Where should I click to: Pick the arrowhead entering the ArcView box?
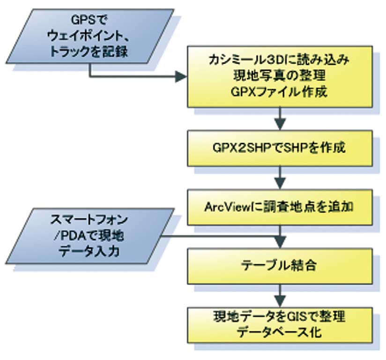(x=280, y=183)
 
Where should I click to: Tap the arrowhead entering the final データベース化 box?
(x=280, y=300)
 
